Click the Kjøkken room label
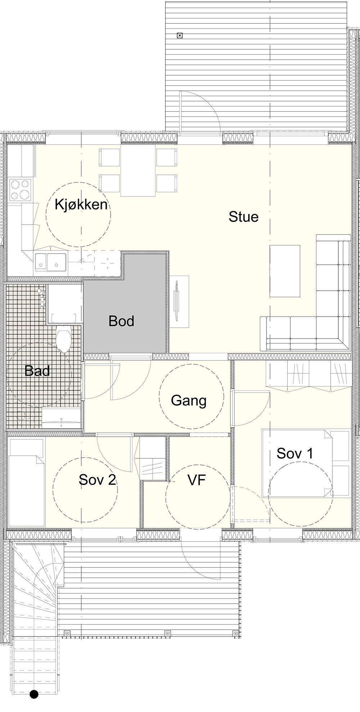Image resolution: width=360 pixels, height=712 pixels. tap(81, 204)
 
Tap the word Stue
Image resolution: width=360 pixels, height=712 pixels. tap(244, 217)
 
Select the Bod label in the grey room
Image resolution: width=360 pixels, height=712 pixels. tap(121, 321)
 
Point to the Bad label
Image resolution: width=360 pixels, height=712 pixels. tap(37, 371)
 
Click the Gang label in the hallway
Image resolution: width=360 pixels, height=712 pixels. tap(189, 401)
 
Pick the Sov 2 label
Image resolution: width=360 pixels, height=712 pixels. tap(98, 480)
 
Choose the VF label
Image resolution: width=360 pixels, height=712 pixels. tap(197, 480)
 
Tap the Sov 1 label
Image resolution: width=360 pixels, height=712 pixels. tap(295, 453)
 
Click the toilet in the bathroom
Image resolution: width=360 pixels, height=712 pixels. tap(64, 340)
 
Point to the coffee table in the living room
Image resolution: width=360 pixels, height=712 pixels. tap(285, 271)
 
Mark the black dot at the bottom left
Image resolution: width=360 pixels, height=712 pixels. tap(34, 694)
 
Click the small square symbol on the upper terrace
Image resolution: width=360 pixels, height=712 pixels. tap(180, 35)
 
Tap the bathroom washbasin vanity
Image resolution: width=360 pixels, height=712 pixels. tap(61, 418)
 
